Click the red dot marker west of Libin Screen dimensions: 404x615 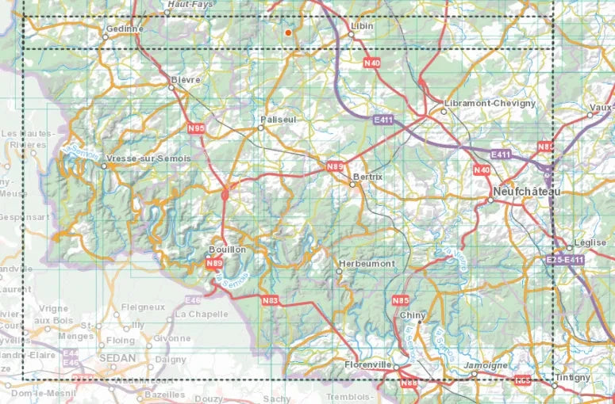tap(287, 32)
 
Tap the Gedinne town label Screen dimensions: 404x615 tap(123, 29)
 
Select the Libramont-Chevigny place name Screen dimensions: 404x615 tap(490, 103)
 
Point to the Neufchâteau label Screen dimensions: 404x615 tap(526, 192)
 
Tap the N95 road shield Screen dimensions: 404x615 tap(197, 128)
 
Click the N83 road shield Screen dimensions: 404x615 tap(271, 299)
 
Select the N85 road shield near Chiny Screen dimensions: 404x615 tap(401, 300)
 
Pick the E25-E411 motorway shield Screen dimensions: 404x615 tap(565, 260)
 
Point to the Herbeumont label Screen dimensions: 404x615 tap(366, 263)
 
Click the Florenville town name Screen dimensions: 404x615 tap(370, 364)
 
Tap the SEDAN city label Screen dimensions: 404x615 tap(117, 357)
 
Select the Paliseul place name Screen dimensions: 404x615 tap(279, 120)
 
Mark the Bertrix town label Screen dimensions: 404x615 tap(367, 177)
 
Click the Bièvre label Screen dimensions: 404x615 tap(186, 80)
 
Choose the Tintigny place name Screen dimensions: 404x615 tap(572, 377)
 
